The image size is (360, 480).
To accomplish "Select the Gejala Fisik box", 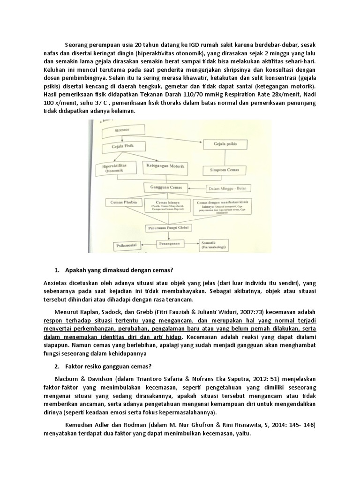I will click(123, 146).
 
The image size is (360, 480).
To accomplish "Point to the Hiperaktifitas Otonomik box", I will click(115, 168).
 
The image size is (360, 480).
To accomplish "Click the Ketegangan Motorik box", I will click(162, 166).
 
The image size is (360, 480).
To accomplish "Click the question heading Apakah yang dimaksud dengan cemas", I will click(120, 270).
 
